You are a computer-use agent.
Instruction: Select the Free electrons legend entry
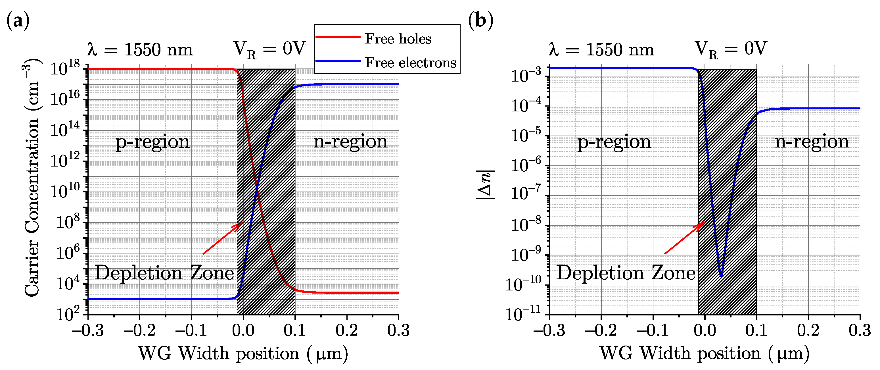410,62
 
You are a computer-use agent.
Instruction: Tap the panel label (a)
18,20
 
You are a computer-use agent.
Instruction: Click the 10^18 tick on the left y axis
65,69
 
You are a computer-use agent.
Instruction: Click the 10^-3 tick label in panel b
526,76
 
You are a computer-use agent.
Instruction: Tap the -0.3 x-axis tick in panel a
88,330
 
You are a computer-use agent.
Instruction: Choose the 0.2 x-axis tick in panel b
808,330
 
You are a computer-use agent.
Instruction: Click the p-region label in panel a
152,142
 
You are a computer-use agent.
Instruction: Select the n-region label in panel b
812,142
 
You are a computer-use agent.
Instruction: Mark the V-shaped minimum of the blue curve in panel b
721,276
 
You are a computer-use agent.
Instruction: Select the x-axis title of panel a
243,354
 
